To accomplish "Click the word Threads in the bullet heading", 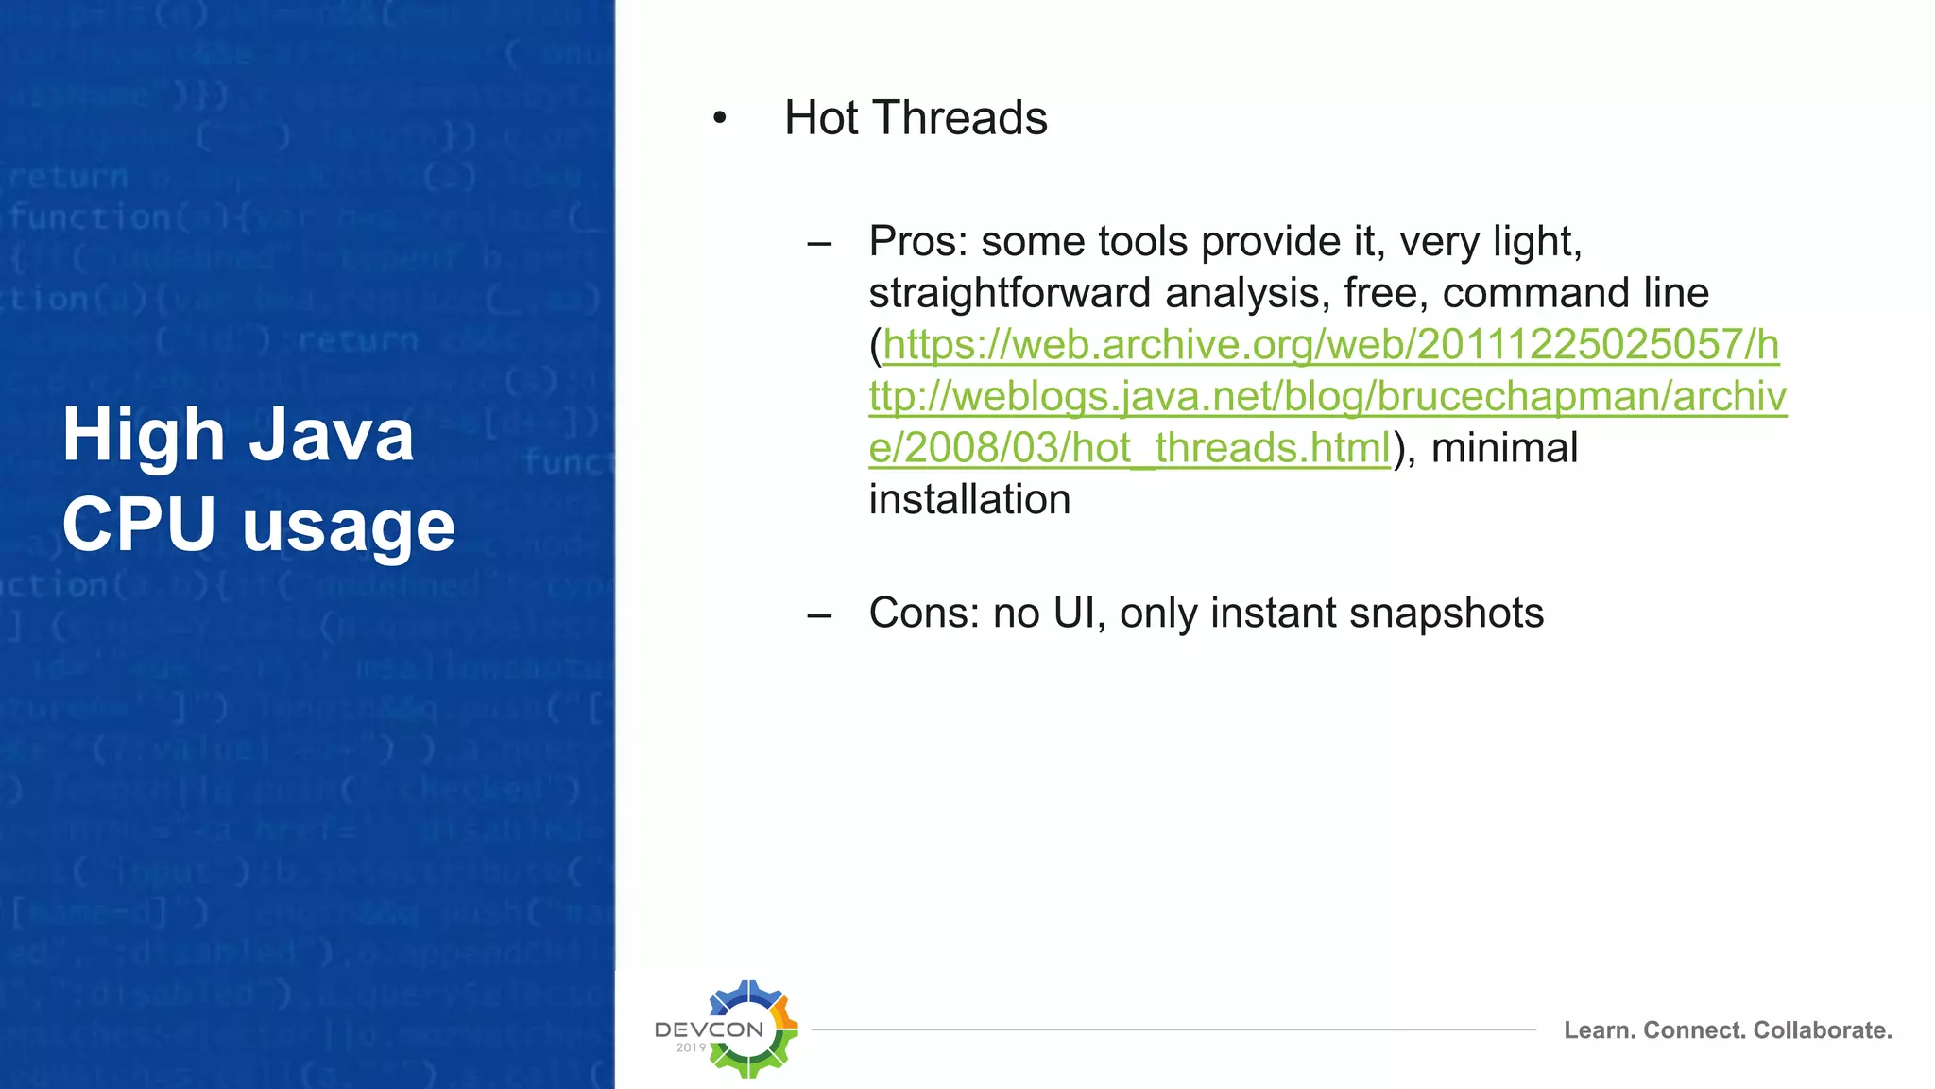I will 960,119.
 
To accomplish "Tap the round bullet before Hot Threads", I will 720,119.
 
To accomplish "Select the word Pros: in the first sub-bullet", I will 917,242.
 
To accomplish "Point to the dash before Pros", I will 819,244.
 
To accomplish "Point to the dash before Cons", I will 819,615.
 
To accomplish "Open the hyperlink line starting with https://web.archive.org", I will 1330,345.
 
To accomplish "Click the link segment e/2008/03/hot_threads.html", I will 1129,448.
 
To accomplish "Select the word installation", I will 969,500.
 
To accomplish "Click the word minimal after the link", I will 1504,448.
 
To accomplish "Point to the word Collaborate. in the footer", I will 1822,1030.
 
